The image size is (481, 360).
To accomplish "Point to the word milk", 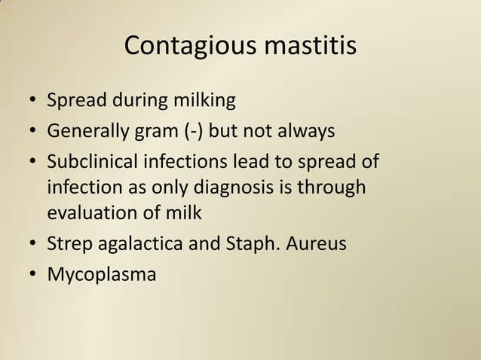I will [183, 212].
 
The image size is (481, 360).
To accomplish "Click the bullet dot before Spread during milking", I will [34, 101].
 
